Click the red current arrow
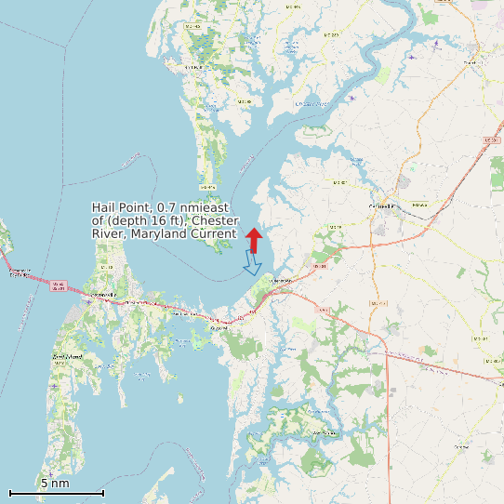click(253, 239)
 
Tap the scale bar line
click(56, 493)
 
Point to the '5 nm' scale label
click(55, 483)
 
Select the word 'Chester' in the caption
click(216, 220)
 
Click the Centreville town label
click(382, 206)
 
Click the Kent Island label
click(69, 356)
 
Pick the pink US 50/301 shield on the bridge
click(58, 286)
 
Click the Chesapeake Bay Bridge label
click(19, 272)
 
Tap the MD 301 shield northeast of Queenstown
click(321, 267)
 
